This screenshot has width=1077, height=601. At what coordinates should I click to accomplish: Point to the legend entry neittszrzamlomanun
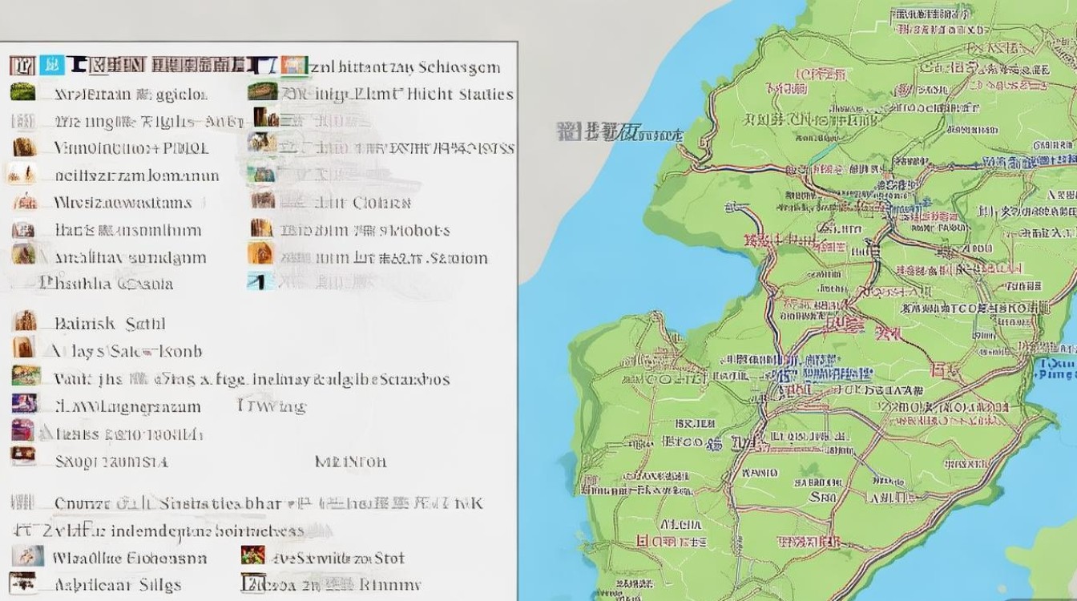(x=136, y=175)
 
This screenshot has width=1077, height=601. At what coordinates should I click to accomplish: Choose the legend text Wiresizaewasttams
(x=123, y=203)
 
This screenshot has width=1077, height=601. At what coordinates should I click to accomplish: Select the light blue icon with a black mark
(x=261, y=281)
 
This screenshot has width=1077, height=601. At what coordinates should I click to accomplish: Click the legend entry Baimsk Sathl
(x=109, y=324)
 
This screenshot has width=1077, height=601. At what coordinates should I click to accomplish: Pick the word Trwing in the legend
(x=272, y=406)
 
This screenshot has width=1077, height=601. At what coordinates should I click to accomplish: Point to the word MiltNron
(x=350, y=462)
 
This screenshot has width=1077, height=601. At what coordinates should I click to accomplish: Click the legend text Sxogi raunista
(x=111, y=462)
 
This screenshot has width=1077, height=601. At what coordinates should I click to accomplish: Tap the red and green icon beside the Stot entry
(x=253, y=555)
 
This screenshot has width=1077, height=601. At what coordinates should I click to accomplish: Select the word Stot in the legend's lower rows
(x=389, y=558)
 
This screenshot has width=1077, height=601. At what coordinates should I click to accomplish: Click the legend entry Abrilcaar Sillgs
(x=117, y=584)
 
